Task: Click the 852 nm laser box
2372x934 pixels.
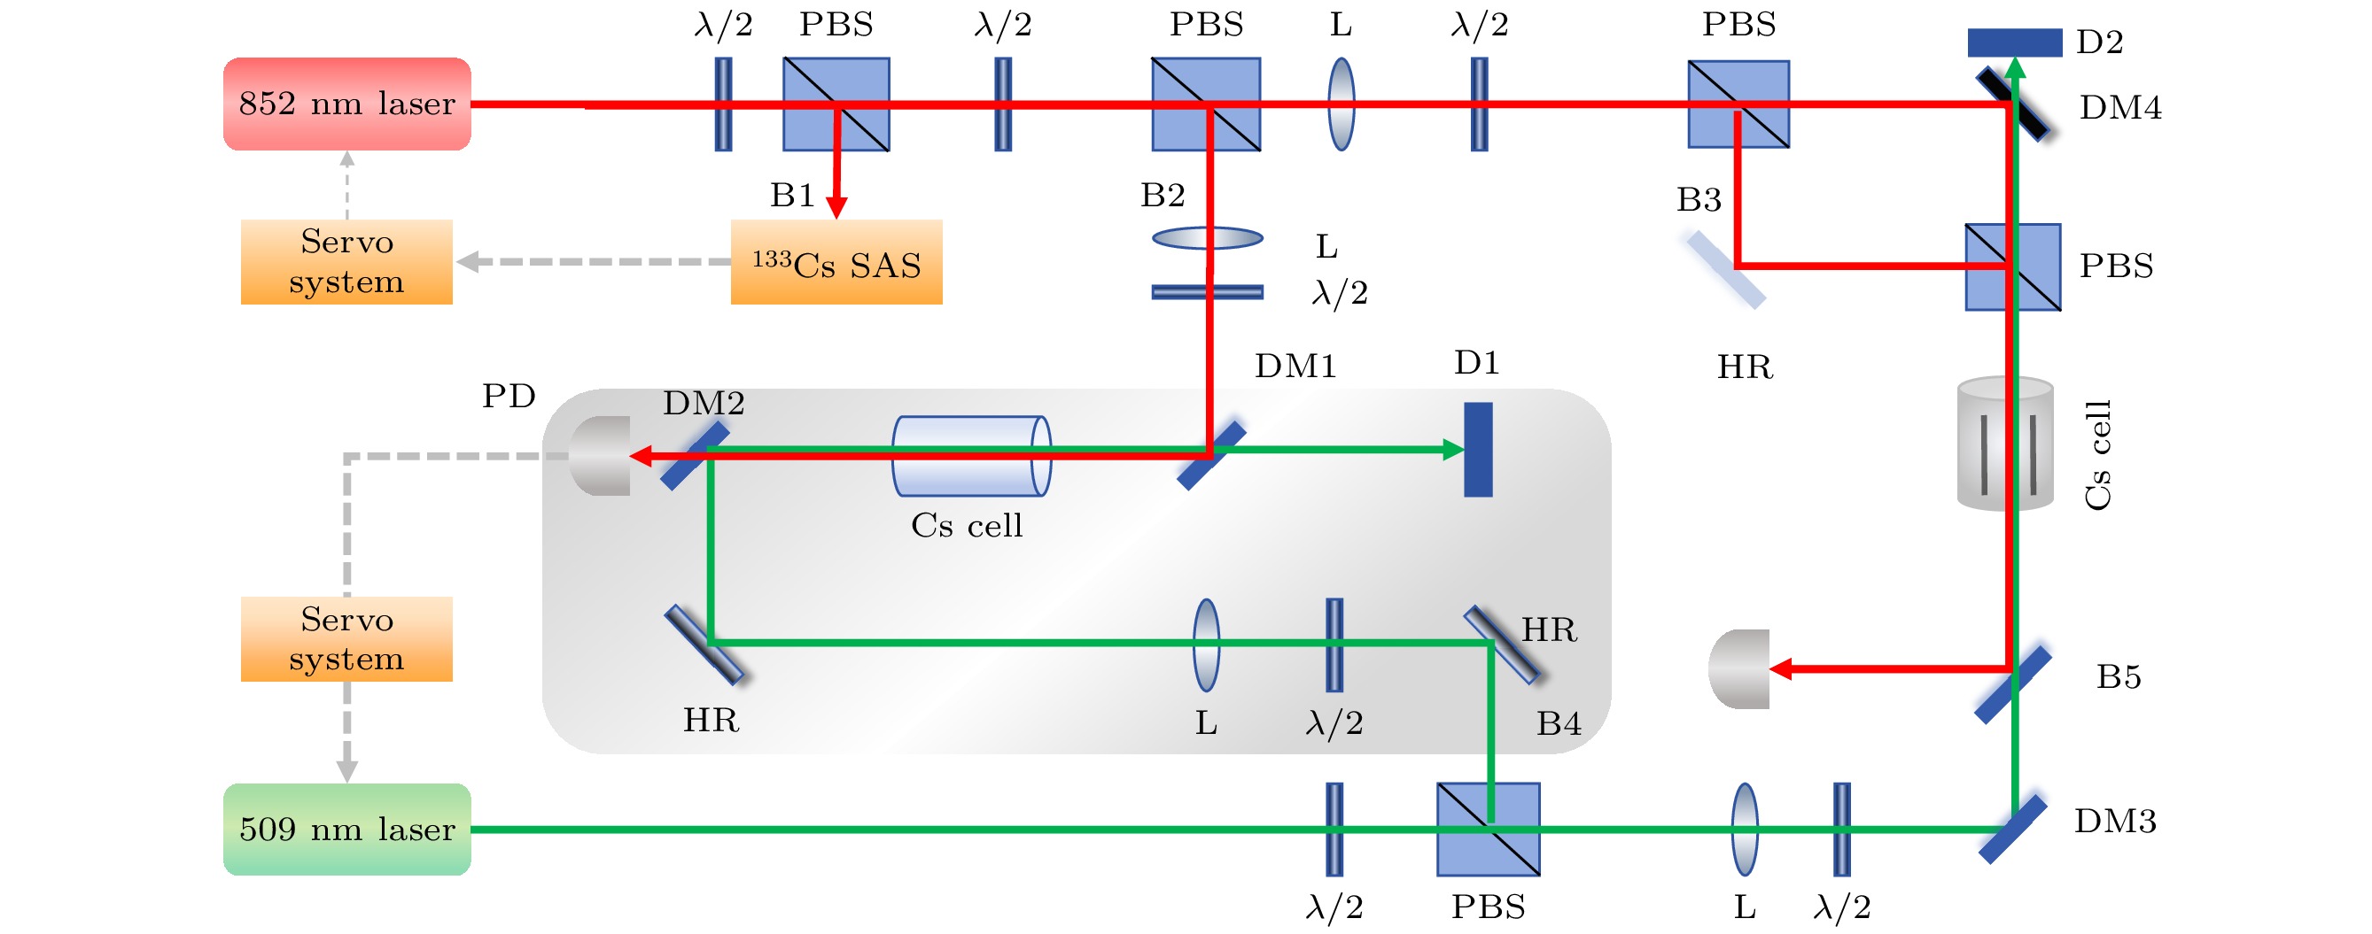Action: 347,104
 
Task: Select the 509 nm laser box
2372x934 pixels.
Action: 347,830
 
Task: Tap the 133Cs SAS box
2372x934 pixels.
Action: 836,262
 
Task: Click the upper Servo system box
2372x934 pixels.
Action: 346,262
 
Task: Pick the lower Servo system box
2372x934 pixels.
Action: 346,639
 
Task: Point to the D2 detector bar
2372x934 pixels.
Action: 2014,42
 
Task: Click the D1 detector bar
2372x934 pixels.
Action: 1478,449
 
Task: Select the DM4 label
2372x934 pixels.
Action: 2119,109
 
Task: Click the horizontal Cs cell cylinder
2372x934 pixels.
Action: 971,457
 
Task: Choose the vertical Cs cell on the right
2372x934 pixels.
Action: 2005,444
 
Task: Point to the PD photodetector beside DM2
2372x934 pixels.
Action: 601,456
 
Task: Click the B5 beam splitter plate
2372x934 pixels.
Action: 2013,684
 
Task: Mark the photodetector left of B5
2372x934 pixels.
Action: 1738,669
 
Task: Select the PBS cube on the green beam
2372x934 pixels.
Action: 1488,830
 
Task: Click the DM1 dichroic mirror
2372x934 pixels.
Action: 1212,457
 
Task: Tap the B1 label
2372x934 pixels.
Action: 792,196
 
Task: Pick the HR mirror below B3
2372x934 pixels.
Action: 1725,270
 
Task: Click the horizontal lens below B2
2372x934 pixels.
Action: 1207,238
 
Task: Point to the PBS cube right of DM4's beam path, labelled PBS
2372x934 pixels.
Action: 2013,266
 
